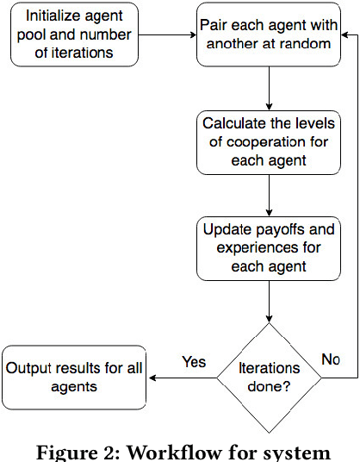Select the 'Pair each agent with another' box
(270, 35)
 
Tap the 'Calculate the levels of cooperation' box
(270, 141)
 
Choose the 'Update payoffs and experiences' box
(270, 247)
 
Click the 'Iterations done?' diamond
(270, 377)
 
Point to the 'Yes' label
(194, 362)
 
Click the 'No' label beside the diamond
(330, 358)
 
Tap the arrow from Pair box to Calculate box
(270, 88)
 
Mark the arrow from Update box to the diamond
(270, 301)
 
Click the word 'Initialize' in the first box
(59, 16)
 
